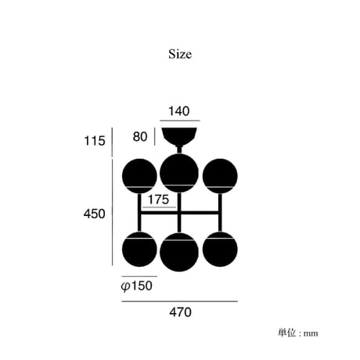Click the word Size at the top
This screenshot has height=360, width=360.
(180, 54)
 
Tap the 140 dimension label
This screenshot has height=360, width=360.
(179, 111)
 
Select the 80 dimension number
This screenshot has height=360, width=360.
(140, 137)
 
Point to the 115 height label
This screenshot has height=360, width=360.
(95, 141)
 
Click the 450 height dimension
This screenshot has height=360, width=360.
(95, 214)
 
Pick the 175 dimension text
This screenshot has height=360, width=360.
(159, 200)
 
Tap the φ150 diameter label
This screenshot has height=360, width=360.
(137, 286)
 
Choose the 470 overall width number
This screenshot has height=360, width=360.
(180, 312)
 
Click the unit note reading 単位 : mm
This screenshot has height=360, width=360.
(298, 333)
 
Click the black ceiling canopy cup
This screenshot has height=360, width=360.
(179, 135)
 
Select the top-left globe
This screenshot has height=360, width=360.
(139, 176)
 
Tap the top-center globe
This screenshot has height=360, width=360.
(179, 173)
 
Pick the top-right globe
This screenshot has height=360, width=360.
(220, 176)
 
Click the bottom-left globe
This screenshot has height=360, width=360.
(139, 249)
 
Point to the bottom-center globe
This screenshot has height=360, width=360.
(179, 252)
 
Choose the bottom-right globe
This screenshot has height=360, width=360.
(220, 249)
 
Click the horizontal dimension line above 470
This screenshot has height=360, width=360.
(180, 301)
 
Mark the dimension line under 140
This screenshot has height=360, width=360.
(180, 121)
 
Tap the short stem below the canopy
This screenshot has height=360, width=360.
(179, 149)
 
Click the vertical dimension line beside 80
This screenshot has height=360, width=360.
(154, 136)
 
